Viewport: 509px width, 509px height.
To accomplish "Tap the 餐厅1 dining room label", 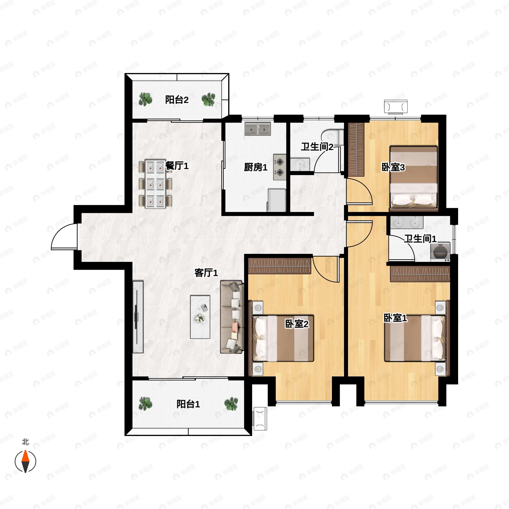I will pyautogui.click(x=177, y=166).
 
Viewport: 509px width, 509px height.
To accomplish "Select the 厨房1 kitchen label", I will pyautogui.click(x=255, y=167).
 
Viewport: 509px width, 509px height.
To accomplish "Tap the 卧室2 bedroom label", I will pyautogui.click(x=297, y=324).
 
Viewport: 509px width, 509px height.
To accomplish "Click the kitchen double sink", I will pyautogui.click(x=258, y=129).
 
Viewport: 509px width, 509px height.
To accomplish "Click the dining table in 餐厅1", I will pyautogui.click(x=155, y=184).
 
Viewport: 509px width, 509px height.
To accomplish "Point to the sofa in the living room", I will pyautogui.click(x=231, y=317).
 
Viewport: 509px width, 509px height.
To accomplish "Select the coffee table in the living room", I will pyautogui.click(x=200, y=317).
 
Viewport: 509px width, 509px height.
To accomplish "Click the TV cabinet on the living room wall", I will pyautogui.click(x=138, y=317).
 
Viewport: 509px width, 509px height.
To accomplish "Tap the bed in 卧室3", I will pyautogui.click(x=413, y=178).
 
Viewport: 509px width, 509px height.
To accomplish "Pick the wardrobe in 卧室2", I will pyautogui.click(x=280, y=266).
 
